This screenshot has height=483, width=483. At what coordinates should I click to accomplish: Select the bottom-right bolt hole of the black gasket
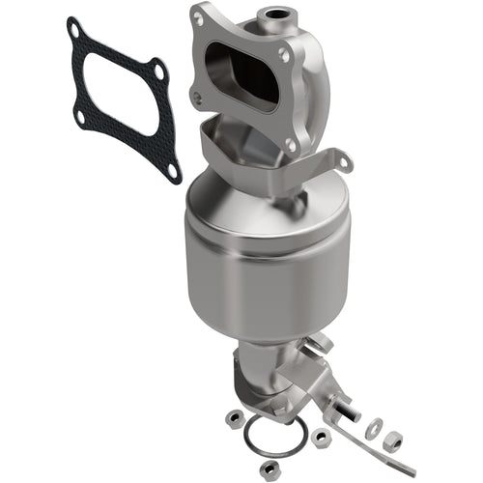pos(172,170)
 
